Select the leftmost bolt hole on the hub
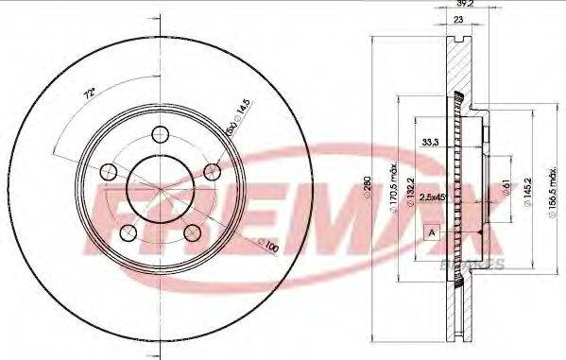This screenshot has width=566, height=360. pos(109,172)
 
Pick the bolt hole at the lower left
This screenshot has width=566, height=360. pos(129,232)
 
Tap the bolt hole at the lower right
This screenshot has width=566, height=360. pos(192,232)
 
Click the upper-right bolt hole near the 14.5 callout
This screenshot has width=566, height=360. pos(212,171)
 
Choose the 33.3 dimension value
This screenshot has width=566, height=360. pos(430,143)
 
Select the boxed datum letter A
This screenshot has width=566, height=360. pos(432,232)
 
